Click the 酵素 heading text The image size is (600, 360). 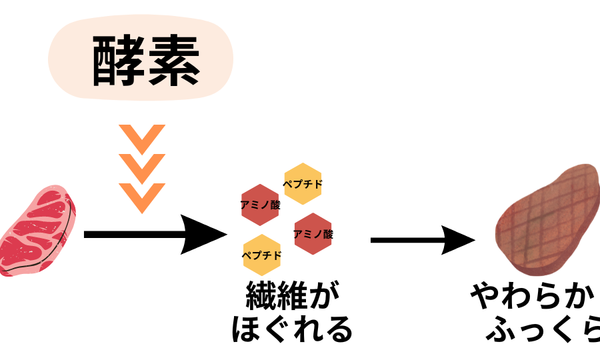click(145, 61)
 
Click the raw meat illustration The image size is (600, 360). click(37, 231)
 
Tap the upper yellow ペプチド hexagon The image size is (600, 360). click(303, 183)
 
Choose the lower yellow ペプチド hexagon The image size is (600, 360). click(262, 255)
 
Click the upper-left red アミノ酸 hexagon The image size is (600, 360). click(260, 205)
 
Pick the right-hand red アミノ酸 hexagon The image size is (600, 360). click(313, 234)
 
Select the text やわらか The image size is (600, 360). click(534, 297)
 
